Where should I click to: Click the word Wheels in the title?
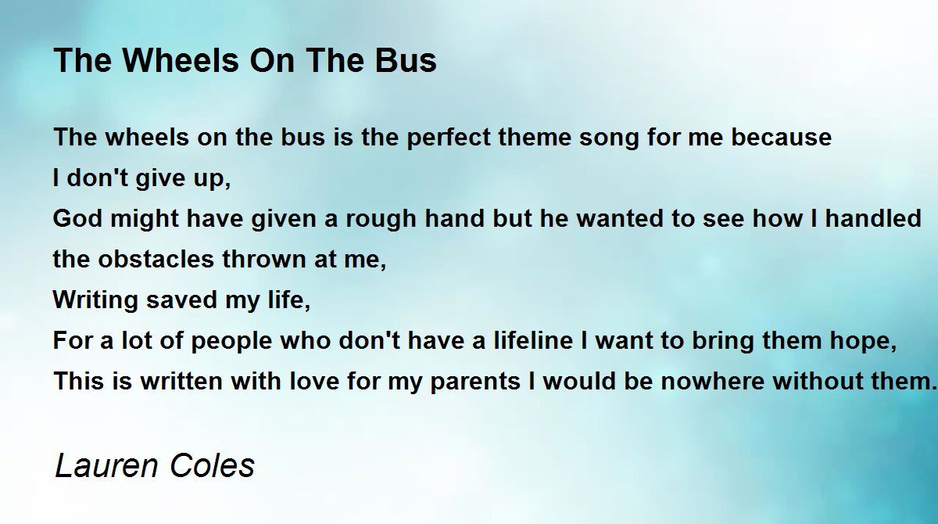(181, 60)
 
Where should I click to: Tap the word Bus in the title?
(406, 60)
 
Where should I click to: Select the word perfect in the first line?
(448, 138)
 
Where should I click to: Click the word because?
(781, 137)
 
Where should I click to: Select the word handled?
(873, 218)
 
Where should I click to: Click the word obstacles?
(156, 259)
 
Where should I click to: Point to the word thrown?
(264, 259)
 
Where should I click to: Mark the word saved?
(181, 300)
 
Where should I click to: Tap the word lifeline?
(533, 340)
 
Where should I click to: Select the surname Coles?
(213, 465)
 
